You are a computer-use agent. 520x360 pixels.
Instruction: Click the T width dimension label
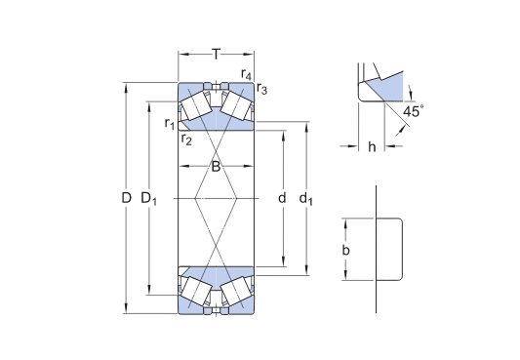(216, 54)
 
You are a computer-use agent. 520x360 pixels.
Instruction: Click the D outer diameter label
(126, 199)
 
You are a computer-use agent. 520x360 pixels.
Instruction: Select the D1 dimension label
(149, 199)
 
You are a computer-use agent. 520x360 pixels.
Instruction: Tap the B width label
(216, 167)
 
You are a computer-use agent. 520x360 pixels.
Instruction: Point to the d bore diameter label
(282, 199)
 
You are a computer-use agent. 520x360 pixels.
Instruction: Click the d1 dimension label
(306, 200)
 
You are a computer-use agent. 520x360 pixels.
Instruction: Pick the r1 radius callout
(169, 123)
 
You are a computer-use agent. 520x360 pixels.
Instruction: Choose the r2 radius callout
(185, 138)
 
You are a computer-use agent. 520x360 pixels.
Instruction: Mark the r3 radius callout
(261, 91)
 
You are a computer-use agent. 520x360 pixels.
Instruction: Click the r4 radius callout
(246, 75)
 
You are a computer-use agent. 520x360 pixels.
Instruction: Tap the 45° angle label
(414, 112)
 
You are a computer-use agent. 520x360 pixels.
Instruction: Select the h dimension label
(373, 147)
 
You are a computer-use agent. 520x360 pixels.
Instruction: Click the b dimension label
(345, 251)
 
